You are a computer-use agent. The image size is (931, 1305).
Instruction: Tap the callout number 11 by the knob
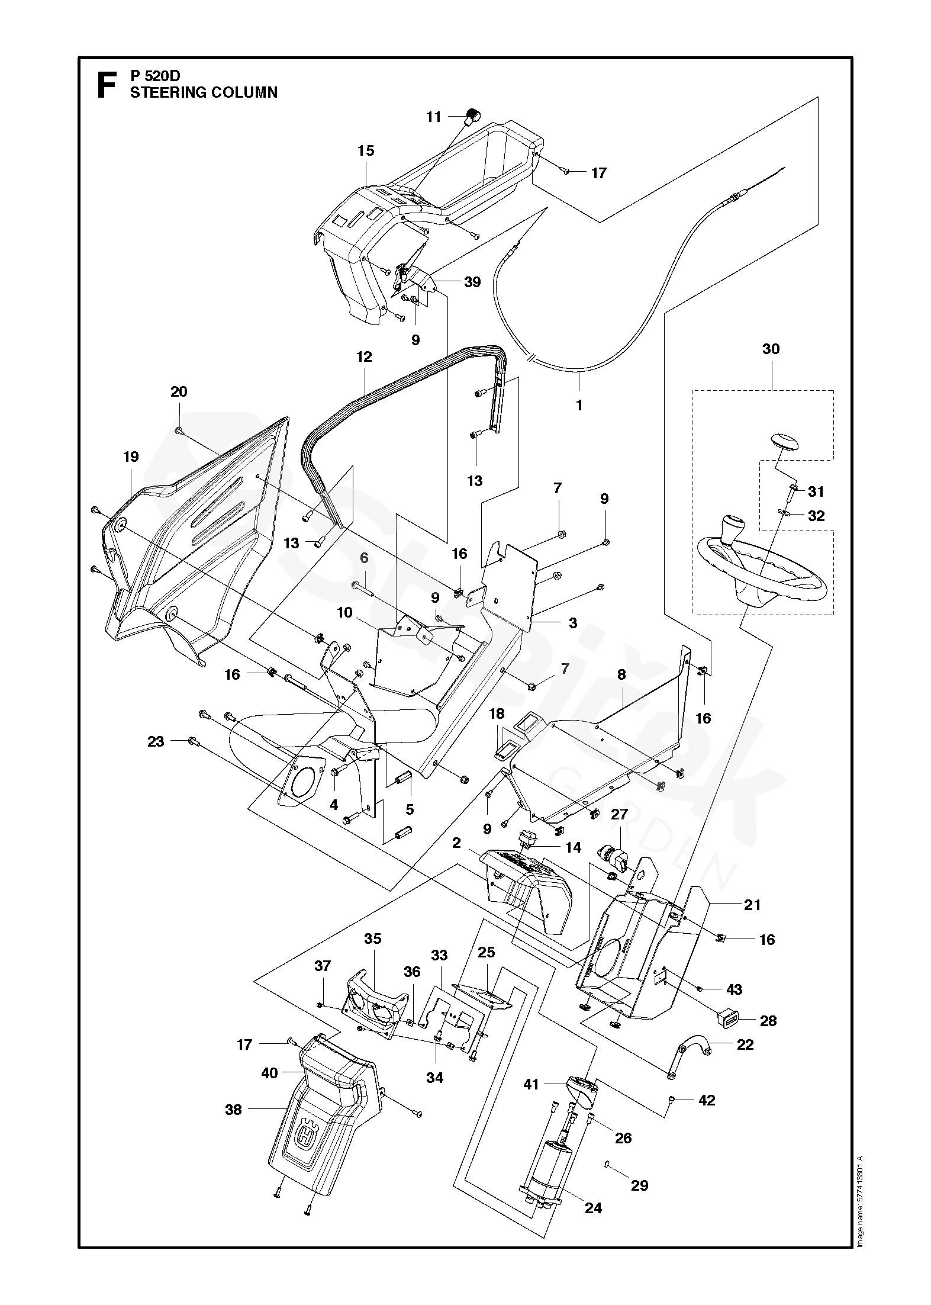point(434,117)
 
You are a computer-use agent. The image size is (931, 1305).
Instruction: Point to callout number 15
point(366,150)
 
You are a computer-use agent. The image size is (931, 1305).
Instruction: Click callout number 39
point(472,282)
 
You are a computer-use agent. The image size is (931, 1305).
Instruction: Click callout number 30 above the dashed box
point(771,349)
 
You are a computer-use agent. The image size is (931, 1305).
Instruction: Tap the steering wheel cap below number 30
point(775,442)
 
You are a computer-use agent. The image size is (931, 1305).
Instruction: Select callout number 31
point(816,491)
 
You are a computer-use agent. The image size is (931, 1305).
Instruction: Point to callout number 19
point(131,457)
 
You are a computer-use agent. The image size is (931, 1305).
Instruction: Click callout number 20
point(179,391)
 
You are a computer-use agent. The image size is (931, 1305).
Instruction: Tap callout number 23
point(156,741)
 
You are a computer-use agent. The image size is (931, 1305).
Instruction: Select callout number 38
point(234,1110)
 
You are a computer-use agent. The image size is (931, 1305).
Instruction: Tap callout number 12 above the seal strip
point(364,356)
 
